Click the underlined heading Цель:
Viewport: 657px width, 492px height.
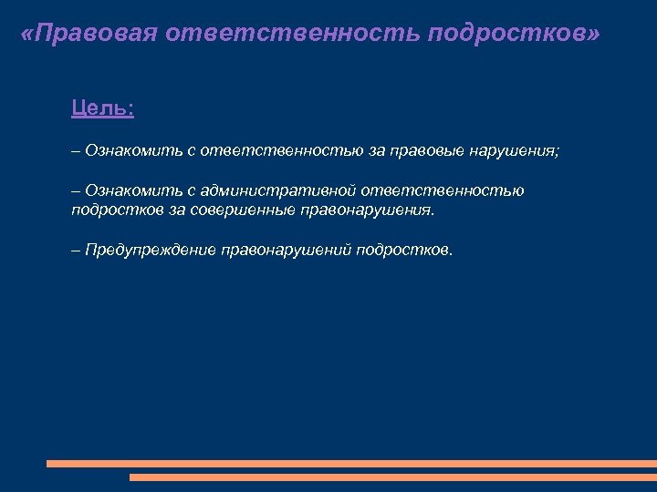pos(102,108)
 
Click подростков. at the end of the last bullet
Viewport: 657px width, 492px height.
pos(404,250)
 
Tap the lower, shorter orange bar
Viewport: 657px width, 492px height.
pos(392,477)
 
